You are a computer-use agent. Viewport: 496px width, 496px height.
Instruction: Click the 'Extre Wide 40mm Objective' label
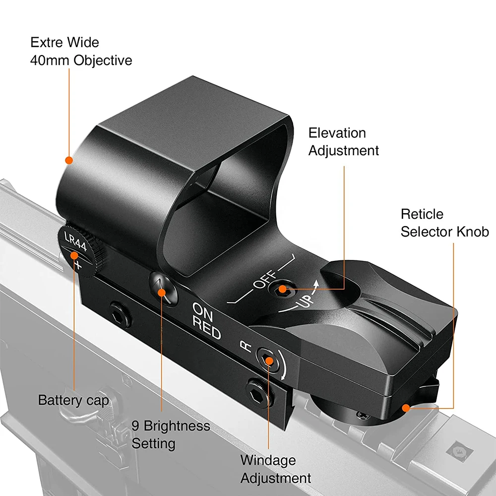81,51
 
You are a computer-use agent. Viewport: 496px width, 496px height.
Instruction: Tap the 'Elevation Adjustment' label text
343,141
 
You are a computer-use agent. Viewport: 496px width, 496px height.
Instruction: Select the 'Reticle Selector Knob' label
444,223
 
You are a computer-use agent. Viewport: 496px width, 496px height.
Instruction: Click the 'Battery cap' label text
73,400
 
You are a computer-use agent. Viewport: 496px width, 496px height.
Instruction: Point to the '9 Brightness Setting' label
171,434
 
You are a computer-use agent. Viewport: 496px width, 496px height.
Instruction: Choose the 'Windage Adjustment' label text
276,469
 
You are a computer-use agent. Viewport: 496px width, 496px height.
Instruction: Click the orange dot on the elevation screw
283,289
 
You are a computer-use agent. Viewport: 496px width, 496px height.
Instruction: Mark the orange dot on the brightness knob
161,292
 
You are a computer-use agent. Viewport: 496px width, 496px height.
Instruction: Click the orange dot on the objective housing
69,160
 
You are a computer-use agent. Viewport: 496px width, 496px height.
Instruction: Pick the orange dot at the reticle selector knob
406,408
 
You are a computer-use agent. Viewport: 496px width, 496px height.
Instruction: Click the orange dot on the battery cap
74,256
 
